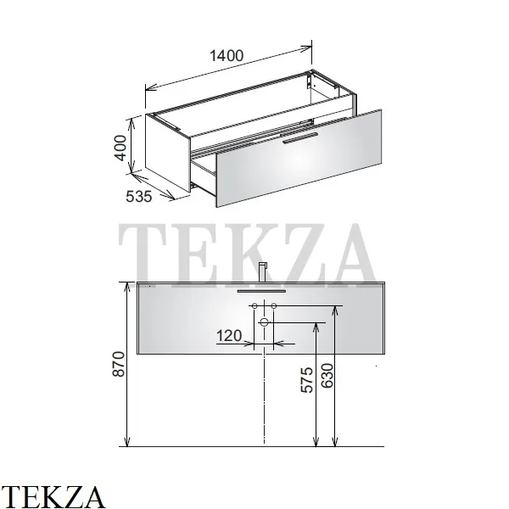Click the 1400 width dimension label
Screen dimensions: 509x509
tap(227, 56)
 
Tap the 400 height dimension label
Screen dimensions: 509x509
tap(120, 148)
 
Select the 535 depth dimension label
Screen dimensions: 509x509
tap(138, 197)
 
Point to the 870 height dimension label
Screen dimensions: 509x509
tap(119, 364)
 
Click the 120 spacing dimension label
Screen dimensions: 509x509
tap(229, 336)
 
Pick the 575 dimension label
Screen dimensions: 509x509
tap(307, 380)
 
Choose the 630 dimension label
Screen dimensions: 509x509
tap(327, 376)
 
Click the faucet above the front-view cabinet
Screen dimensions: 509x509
tap(263, 272)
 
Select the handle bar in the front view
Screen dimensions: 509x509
tap(261, 291)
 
